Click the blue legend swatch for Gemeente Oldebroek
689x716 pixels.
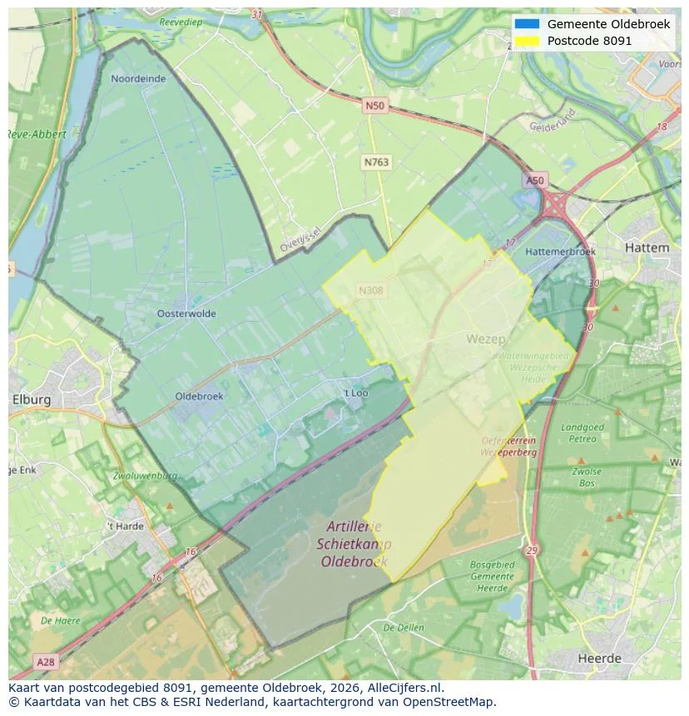pyautogui.click(x=527, y=24)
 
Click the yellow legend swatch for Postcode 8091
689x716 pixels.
pyautogui.click(x=527, y=41)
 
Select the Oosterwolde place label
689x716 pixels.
pyautogui.click(x=186, y=314)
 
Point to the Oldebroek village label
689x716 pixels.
pyautogui.click(x=199, y=397)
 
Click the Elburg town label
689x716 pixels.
pyautogui.click(x=32, y=400)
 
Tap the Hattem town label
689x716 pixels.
pyautogui.click(x=646, y=248)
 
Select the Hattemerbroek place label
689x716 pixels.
pyautogui.click(x=561, y=251)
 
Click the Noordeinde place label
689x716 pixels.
pyautogui.click(x=138, y=79)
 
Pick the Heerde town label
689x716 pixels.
pyautogui.click(x=599, y=659)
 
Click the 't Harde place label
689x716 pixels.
pyautogui.click(x=125, y=526)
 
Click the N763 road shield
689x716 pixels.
pyautogui.click(x=376, y=163)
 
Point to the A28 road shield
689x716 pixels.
pyautogui.click(x=46, y=662)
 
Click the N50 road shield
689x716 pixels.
pyautogui.click(x=374, y=106)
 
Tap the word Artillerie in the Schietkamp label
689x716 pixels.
pyautogui.click(x=354, y=526)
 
